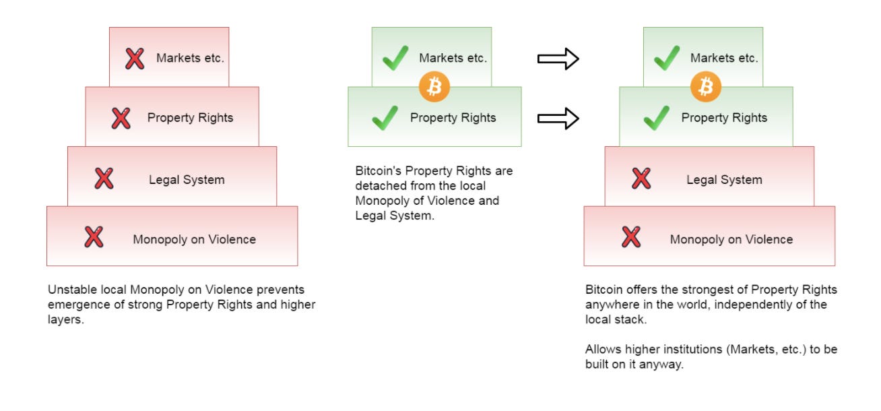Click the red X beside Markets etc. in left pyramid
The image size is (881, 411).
(135, 59)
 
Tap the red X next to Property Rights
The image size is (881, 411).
(121, 118)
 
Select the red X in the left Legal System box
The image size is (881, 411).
(104, 179)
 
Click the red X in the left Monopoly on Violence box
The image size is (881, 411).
(94, 237)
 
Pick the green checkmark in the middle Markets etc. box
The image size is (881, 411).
(395, 59)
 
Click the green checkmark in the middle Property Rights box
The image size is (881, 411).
(385, 118)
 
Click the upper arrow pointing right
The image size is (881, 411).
(558, 59)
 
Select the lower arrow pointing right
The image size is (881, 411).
(558, 119)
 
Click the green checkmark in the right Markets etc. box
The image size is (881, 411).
(666, 59)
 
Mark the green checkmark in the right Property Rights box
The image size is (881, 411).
(656, 118)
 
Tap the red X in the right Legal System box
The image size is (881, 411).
(641, 179)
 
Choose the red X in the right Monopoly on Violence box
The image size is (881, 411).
(631, 237)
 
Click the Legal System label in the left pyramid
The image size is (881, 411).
(187, 180)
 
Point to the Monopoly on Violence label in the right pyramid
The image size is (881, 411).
(731, 239)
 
